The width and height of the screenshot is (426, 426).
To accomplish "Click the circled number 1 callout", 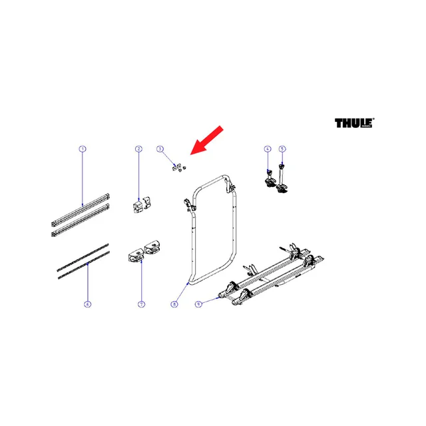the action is (83, 149).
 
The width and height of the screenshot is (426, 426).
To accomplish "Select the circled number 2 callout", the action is (138, 149).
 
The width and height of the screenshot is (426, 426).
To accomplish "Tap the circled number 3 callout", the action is (160, 149).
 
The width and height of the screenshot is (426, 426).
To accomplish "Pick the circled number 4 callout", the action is (268, 149).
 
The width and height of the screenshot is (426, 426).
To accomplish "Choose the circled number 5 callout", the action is (282, 149).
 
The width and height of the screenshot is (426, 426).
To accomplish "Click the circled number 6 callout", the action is (87, 304).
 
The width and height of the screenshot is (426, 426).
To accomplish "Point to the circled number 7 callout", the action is (141, 304).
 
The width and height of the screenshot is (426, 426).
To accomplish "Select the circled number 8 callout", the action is (174, 304).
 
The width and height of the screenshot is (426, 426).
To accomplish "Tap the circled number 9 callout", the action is (198, 304).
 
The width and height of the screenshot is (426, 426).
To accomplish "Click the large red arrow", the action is (207, 140).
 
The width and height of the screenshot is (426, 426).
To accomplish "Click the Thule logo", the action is (355, 122).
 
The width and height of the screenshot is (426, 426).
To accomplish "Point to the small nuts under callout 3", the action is (179, 168).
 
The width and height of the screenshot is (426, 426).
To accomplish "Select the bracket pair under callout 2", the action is (142, 205).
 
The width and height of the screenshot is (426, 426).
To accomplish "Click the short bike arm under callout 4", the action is (270, 179).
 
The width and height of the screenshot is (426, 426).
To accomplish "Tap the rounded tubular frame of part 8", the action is (234, 231).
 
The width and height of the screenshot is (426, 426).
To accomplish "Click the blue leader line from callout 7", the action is (141, 281).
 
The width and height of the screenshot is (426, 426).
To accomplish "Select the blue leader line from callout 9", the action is (210, 301).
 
